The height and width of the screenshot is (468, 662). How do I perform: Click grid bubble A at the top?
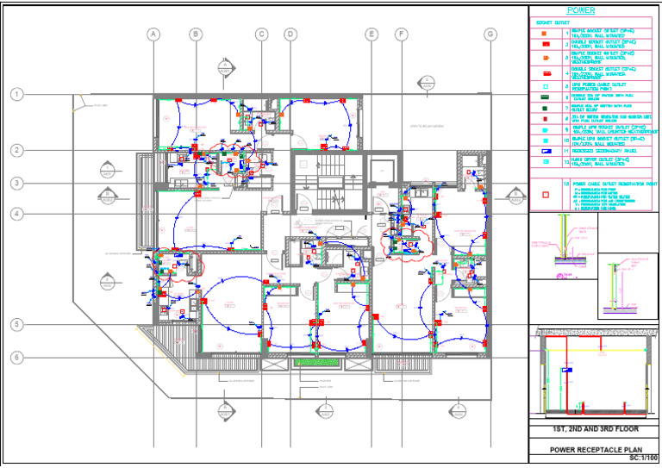tap(153, 34)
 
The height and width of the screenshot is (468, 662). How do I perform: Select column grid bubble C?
tap(261, 34)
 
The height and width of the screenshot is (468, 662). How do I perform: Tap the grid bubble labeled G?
tap(490, 34)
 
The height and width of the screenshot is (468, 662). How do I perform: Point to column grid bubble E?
tap(372, 34)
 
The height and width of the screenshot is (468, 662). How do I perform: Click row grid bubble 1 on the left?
tap(16, 94)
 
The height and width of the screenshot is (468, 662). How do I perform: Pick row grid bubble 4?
tap(16, 214)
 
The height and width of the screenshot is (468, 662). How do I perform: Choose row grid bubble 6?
tap(16, 357)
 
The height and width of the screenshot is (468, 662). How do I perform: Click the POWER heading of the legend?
tap(594, 10)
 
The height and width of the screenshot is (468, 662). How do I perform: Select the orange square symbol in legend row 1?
tap(545, 31)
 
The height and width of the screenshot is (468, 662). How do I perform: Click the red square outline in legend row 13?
tap(545, 194)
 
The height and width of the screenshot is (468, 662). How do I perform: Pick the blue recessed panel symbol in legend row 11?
tap(545, 150)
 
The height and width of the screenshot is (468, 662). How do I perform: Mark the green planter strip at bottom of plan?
tap(315, 363)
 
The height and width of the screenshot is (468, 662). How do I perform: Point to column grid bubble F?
tap(401, 34)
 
